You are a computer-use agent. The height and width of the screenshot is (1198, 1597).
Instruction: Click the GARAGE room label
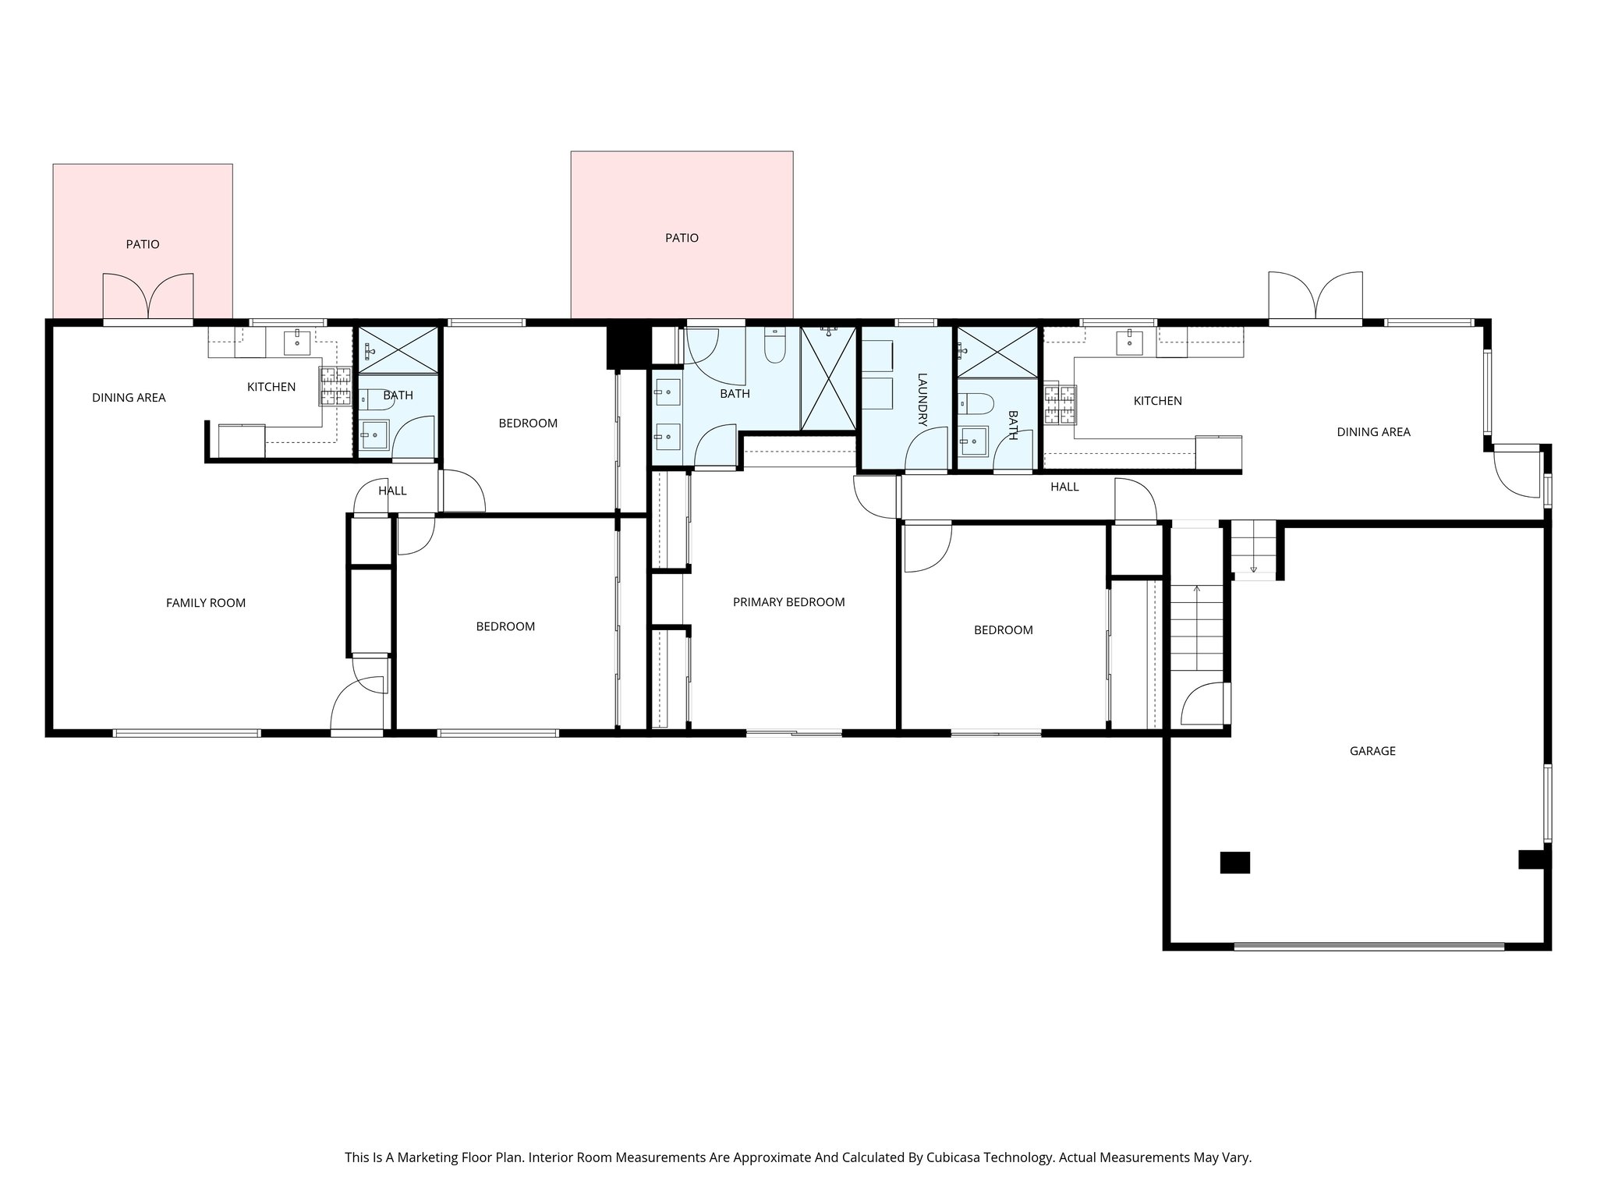(1372, 751)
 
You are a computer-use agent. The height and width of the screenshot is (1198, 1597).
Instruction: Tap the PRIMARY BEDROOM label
(788, 602)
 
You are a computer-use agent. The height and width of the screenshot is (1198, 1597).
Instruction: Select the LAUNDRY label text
(922, 399)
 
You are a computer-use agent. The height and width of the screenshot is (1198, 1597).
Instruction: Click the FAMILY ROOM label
(206, 603)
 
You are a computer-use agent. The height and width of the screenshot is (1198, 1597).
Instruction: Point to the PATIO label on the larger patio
(682, 238)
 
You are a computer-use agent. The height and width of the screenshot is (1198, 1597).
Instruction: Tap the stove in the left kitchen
(335, 386)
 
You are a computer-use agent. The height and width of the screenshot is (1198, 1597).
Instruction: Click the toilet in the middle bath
(774, 347)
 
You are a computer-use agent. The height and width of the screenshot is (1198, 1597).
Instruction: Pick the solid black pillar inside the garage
(1234, 863)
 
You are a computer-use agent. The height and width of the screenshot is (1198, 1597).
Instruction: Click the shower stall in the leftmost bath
(397, 349)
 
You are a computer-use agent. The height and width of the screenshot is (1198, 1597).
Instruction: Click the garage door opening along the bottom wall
(1369, 947)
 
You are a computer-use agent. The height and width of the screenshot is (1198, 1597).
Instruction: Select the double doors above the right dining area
(1315, 296)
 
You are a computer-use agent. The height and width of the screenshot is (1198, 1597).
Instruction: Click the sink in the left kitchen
(297, 341)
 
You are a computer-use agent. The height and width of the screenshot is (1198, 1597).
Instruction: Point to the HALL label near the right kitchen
(1064, 487)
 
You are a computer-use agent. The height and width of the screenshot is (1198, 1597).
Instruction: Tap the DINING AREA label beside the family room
(129, 398)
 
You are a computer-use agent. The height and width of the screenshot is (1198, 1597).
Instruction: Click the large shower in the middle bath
(828, 379)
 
